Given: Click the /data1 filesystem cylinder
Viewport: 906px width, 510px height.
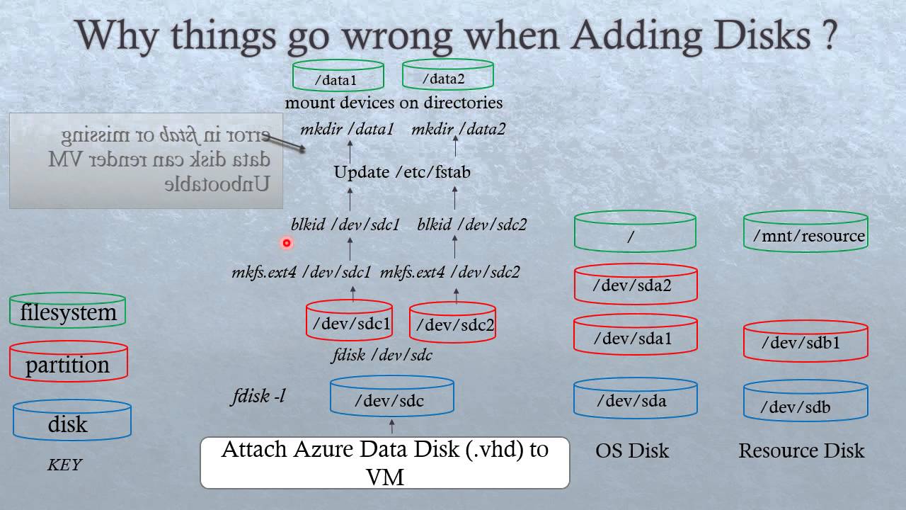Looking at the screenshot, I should click(x=338, y=76).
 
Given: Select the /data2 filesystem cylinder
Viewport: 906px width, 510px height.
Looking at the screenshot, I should click(x=447, y=75).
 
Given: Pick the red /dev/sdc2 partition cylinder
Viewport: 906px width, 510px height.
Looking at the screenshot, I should click(x=453, y=323).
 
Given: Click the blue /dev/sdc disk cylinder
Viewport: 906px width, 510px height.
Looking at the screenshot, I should click(x=391, y=397).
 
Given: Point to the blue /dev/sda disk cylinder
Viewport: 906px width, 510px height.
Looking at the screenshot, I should click(x=635, y=398).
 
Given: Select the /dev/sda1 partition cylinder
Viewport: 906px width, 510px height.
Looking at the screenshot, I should click(x=635, y=335).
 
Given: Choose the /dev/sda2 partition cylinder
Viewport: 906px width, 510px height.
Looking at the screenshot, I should click(x=635, y=284).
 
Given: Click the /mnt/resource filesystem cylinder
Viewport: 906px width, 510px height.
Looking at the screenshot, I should click(x=805, y=232).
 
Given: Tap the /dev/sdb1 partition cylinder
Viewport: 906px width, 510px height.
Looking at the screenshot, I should click(x=805, y=341).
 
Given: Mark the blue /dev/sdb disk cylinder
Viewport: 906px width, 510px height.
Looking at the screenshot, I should click(x=805, y=402).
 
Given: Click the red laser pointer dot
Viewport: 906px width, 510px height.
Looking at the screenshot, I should click(x=287, y=243).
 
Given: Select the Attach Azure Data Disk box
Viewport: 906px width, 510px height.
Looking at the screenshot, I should click(x=384, y=463).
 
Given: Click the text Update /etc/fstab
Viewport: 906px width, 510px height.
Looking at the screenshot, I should click(x=402, y=172).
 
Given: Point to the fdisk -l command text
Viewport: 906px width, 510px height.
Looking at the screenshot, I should click(x=259, y=396).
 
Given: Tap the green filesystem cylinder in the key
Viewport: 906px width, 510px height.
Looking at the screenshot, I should click(x=68, y=310).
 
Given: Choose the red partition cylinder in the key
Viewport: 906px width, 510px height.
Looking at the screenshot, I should click(x=68, y=363).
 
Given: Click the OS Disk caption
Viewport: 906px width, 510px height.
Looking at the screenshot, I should click(x=632, y=450).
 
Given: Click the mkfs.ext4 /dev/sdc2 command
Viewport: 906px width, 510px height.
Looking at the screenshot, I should click(x=450, y=272).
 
